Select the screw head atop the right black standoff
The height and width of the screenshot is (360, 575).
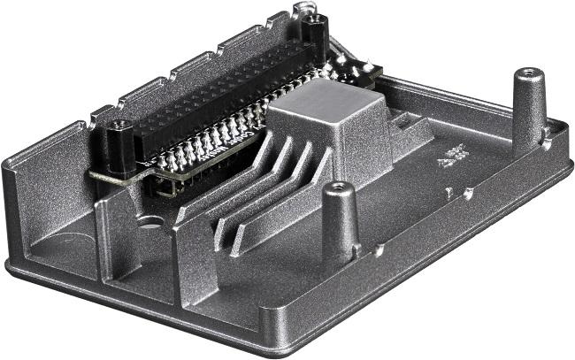[x=314, y=19]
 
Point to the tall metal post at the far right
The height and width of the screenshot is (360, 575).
[x=529, y=111]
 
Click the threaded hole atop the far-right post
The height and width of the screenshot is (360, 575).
[x=529, y=73]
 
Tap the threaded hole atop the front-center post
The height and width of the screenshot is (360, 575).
[x=338, y=188]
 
